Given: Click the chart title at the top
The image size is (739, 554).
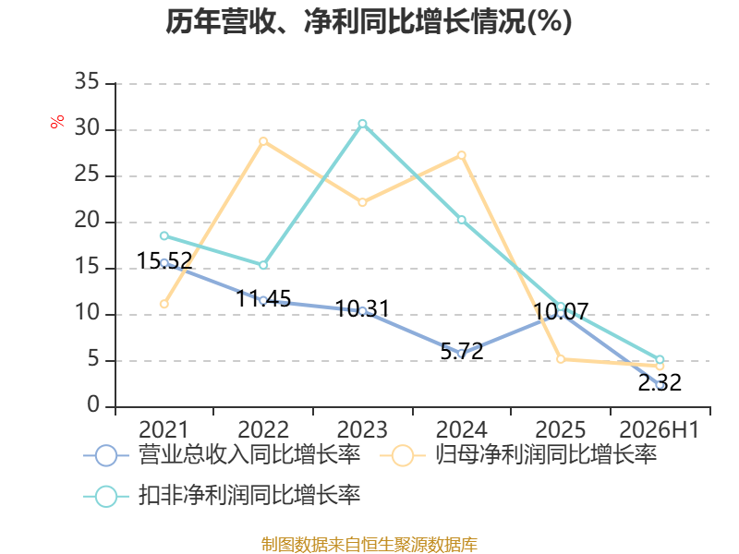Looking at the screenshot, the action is [x=369, y=21].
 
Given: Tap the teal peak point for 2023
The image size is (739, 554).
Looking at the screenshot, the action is [x=362, y=124].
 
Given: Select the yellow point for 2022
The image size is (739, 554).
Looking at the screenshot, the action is [x=263, y=141].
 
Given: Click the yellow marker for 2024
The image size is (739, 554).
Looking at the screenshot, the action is [x=462, y=155].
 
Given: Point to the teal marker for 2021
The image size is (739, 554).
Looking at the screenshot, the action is [x=164, y=235].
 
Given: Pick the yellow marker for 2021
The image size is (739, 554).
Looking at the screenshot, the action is [x=164, y=304].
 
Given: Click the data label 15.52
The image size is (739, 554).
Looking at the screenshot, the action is [x=164, y=261].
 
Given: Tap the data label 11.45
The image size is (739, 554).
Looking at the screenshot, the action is [x=263, y=298].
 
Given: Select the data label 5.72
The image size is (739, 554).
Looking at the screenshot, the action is [x=462, y=352].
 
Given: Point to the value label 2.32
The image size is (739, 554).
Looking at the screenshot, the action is [x=660, y=382].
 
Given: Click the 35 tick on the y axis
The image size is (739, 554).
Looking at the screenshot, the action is [x=87, y=82].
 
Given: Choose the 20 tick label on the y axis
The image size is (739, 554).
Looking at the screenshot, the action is [x=87, y=221].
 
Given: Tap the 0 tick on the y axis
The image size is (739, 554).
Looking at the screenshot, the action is [x=93, y=405].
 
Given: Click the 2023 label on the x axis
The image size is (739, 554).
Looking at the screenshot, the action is [x=362, y=429].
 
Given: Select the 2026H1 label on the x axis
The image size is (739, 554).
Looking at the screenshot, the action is [x=659, y=429].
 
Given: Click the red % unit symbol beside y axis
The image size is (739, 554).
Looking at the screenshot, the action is [x=57, y=122].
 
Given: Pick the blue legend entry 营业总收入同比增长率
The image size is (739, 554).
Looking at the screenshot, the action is [x=222, y=455].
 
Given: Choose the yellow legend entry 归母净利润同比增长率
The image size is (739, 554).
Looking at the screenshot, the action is [x=518, y=455].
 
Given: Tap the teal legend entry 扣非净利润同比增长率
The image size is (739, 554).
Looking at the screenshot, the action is [x=222, y=496].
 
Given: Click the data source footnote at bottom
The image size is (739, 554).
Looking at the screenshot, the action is [x=369, y=545].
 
